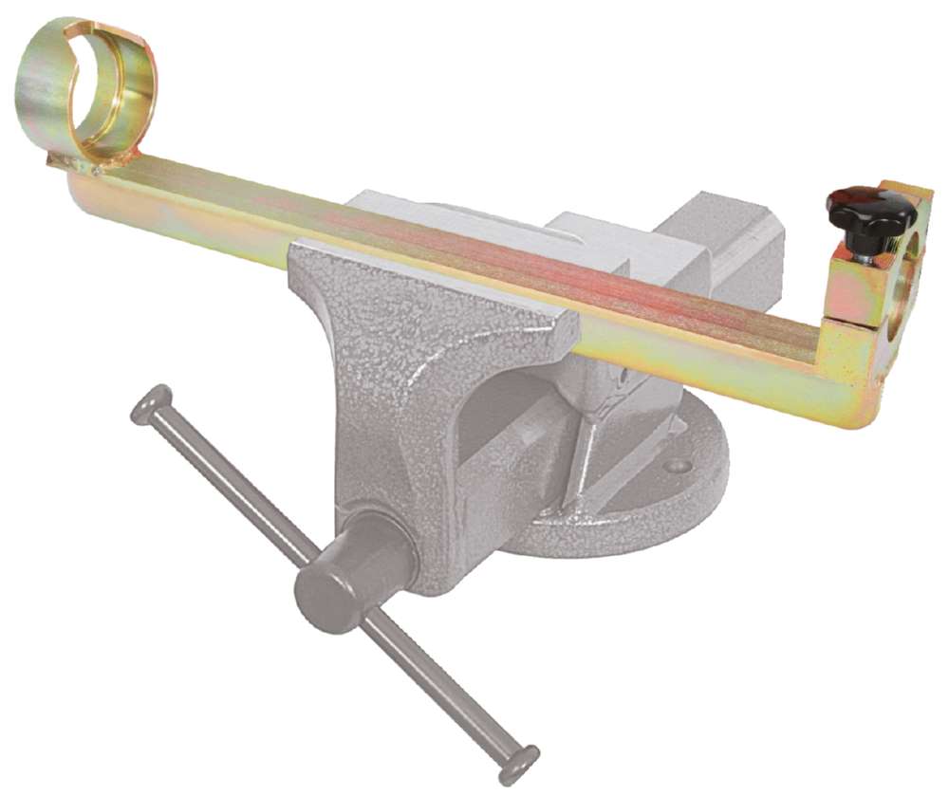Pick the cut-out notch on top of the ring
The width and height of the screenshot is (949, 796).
click(x=104, y=28)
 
